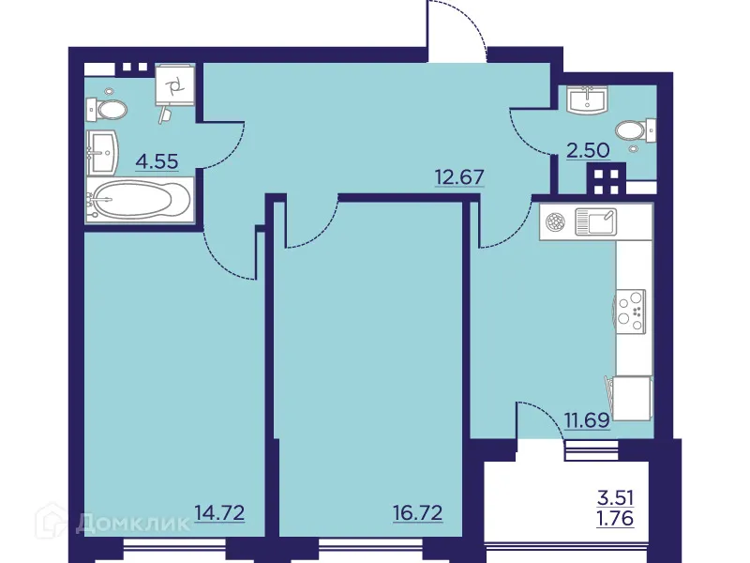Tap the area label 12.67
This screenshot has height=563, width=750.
click(458, 175)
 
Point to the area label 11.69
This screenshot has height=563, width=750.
click(588, 419)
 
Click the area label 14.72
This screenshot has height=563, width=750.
click(219, 513)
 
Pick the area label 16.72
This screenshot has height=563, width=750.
click(417, 513)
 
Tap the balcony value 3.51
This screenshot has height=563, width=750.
click(615, 498)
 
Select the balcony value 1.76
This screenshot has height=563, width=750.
click(615, 517)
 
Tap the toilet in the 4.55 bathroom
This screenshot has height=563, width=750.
click(108, 110)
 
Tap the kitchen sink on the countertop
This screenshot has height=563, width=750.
click(596, 222)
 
